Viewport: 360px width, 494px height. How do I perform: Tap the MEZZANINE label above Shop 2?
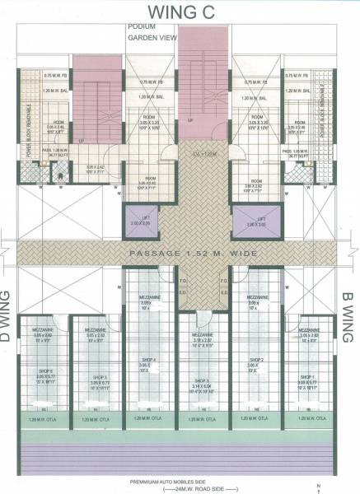click(255, 298)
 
